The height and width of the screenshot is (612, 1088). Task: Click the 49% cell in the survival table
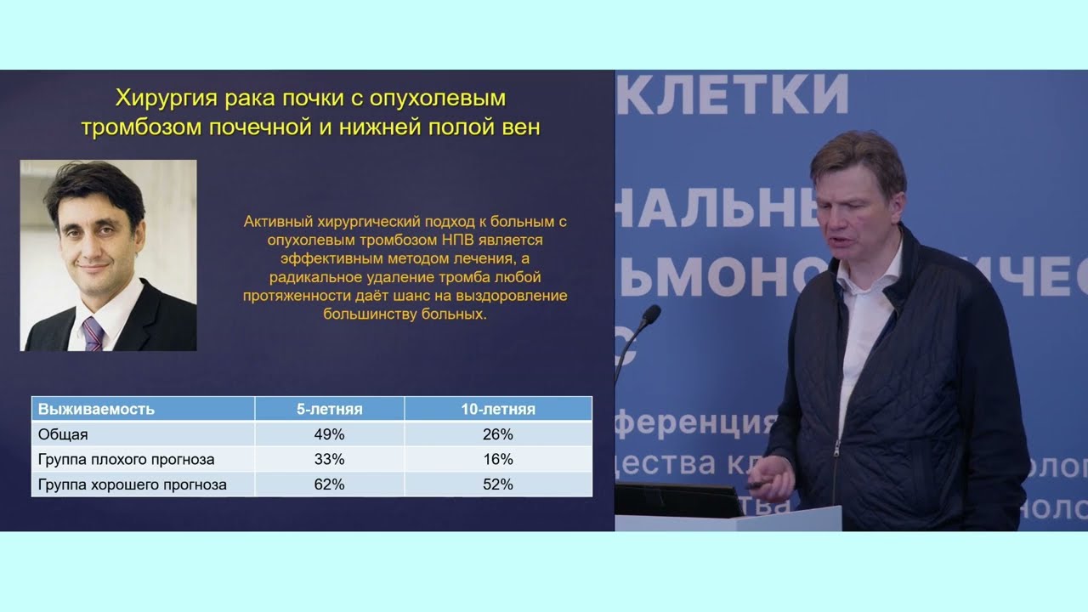(x=329, y=434)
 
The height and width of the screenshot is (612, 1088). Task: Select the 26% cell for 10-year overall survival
(x=498, y=434)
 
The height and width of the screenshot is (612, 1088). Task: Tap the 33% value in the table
(x=329, y=459)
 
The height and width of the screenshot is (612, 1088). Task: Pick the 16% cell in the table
(x=498, y=459)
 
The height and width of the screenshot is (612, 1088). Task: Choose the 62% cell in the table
(x=329, y=484)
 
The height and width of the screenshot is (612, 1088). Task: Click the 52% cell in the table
(x=498, y=484)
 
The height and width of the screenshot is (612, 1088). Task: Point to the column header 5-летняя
(x=329, y=409)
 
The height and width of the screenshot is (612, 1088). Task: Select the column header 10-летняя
(x=498, y=409)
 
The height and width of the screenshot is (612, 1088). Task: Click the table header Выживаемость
(x=96, y=409)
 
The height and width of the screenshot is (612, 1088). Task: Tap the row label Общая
(x=63, y=434)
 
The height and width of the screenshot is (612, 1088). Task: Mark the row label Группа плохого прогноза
(x=126, y=459)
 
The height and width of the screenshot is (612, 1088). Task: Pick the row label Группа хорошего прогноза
(x=133, y=484)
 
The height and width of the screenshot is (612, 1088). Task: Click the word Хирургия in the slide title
(x=166, y=98)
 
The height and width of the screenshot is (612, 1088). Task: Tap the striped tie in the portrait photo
(x=93, y=334)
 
